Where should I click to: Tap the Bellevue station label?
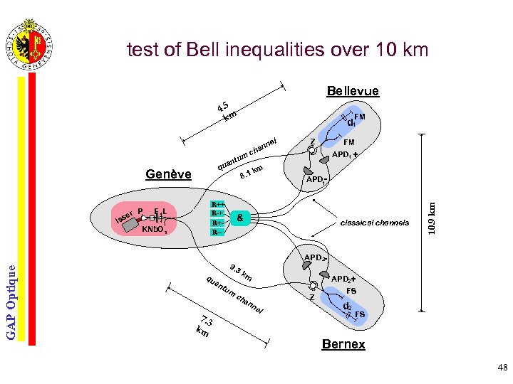tap(353, 91)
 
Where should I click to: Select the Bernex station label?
tap(343, 344)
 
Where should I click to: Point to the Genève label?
tap(168, 174)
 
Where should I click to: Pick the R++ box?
tap(217, 205)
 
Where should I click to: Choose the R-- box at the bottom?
tap(217, 232)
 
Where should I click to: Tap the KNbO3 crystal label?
tap(154, 230)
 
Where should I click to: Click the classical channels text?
tap(375, 223)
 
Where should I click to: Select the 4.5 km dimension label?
tap(227, 111)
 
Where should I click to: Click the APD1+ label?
tap(345, 154)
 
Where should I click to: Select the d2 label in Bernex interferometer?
tap(347, 306)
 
